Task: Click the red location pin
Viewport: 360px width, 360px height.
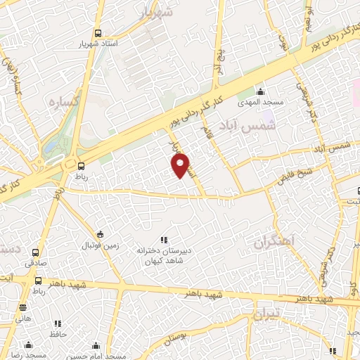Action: click(181, 165)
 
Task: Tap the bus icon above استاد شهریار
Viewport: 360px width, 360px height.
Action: click(98, 32)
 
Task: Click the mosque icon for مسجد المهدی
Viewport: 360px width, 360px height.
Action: click(260, 92)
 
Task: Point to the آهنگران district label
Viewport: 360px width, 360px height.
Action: click(270, 243)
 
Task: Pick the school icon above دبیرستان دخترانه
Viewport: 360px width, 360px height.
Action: click(164, 240)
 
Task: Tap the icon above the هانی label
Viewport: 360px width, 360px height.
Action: click(23, 307)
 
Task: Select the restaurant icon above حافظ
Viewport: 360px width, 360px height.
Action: click(58, 323)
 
